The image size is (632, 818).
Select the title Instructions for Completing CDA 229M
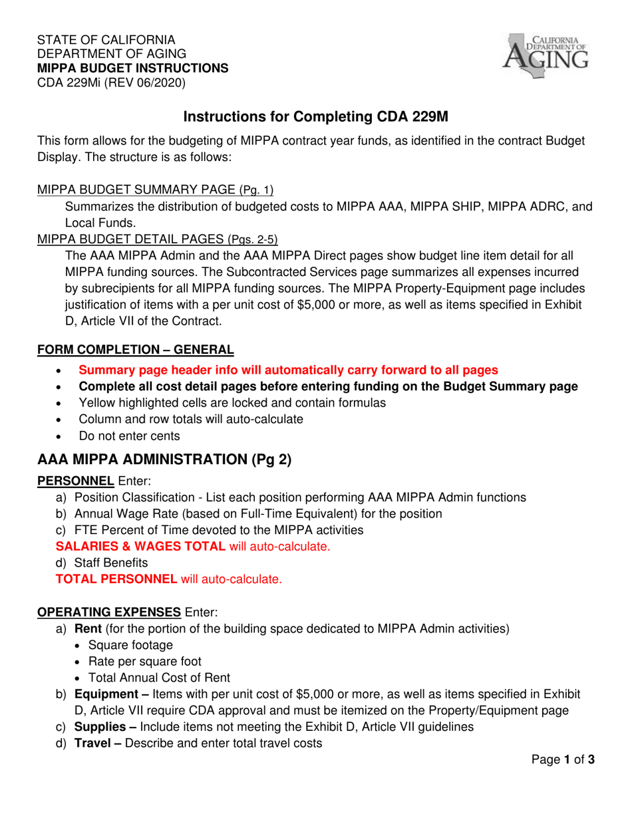(316, 117)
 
